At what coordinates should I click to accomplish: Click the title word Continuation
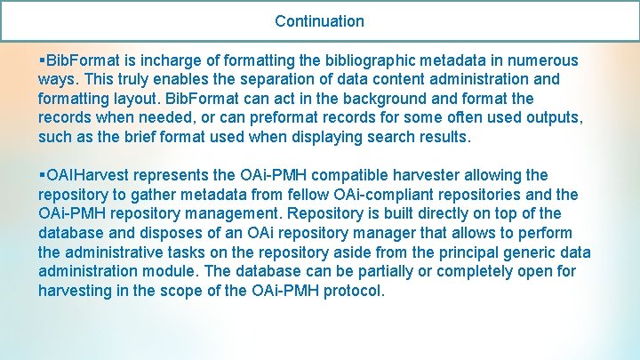coord(319,20)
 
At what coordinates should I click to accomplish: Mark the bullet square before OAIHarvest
coord(42,175)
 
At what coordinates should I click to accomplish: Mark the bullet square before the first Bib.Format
coord(42,60)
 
